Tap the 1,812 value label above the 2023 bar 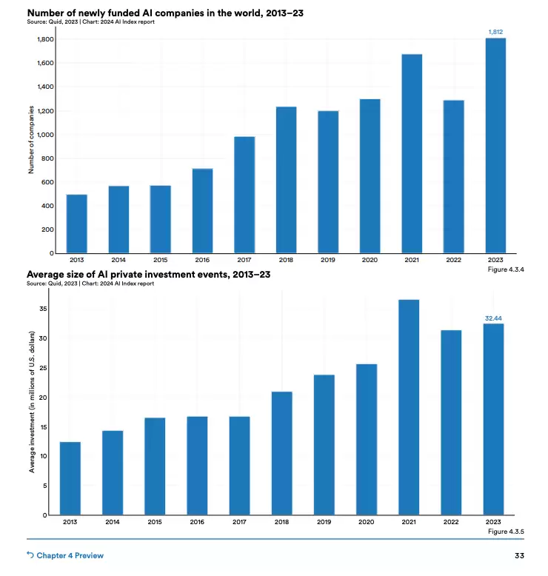pyautogui.click(x=495, y=32)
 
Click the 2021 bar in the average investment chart pyautogui.click(x=409, y=407)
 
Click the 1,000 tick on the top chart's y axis pyautogui.click(x=46, y=135)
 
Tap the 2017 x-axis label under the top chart pyautogui.click(x=244, y=260)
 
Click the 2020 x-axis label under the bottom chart pyautogui.click(x=367, y=522)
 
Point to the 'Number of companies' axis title pyautogui.click(x=32, y=140)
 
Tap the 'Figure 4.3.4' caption pyautogui.click(x=507, y=269)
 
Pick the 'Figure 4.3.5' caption pyautogui.click(x=507, y=532)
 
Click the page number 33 pyautogui.click(x=519, y=555)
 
